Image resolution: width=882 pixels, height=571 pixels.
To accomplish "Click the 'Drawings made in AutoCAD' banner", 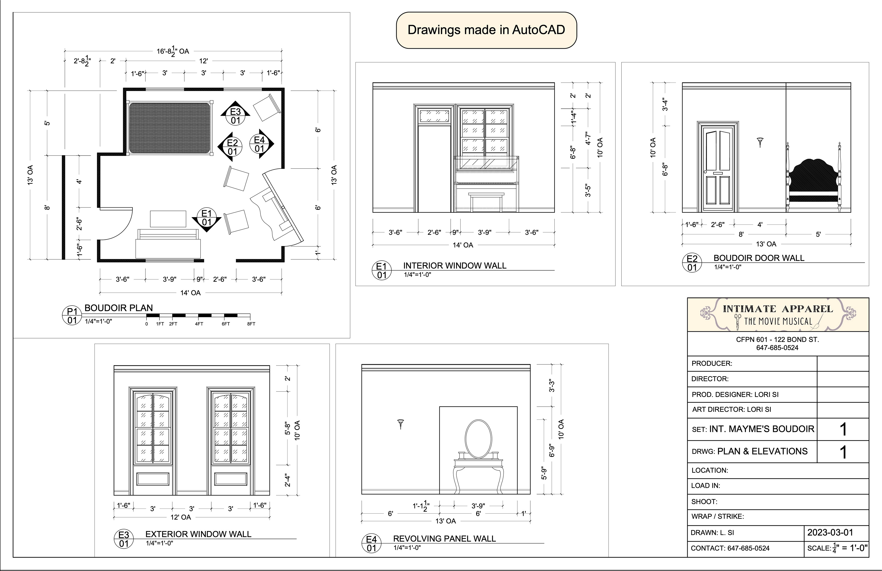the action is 486,30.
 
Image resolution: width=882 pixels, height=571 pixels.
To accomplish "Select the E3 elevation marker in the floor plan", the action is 235,114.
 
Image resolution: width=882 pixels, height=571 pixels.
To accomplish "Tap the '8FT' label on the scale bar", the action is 251,324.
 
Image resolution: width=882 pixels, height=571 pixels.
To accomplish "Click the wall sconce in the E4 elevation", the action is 401,423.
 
